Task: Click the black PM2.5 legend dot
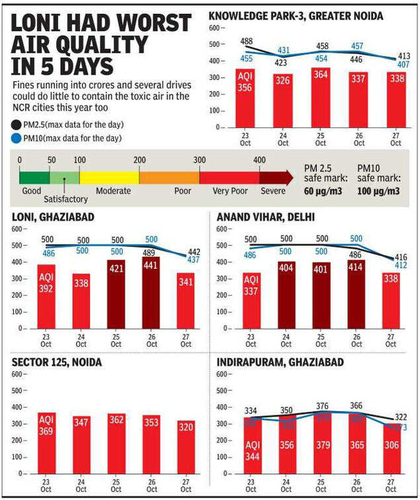click(x=16, y=124)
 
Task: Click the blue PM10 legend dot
click(x=16, y=138)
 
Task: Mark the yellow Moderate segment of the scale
click(x=109, y=177)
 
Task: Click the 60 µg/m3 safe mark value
click(x=322, y=191)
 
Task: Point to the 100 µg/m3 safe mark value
click(x=378, y=191)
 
